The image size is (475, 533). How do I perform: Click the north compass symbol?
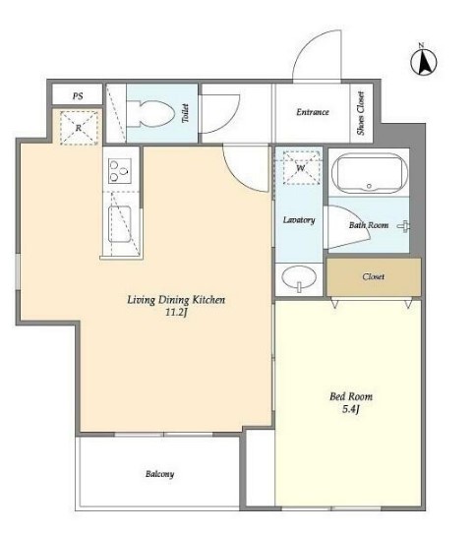point(423,62)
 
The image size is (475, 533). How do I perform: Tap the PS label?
point(78,96)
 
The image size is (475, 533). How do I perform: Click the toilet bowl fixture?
point(150,114)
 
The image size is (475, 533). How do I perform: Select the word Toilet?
point(185,113)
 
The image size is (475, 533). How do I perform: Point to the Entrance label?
point(313,112)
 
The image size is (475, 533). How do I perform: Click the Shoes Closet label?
point(361,113)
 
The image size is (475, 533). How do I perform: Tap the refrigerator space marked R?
point(79,128)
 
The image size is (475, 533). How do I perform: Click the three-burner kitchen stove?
point(120,171)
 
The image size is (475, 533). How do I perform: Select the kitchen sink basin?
point(120,224)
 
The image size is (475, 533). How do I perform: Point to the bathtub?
point(369,173)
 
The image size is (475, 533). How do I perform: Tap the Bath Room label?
point(369,225)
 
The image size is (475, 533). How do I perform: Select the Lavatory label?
point(299,220)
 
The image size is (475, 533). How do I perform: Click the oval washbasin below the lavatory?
point(299,277)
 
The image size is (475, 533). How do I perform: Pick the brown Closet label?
point(374,276)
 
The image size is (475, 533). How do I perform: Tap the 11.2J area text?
point(176,313)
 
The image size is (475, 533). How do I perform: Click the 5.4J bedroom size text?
point(351,409)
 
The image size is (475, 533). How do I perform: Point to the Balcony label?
point(159,474)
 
